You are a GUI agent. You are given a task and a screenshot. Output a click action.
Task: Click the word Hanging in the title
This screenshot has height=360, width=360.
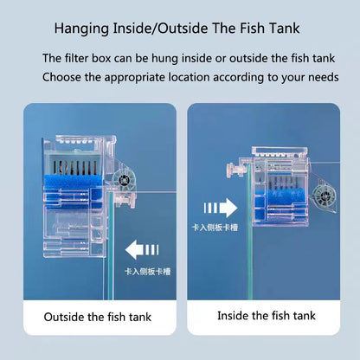coord(81,29)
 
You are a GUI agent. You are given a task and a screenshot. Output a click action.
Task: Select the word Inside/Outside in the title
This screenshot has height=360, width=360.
coord(160,29)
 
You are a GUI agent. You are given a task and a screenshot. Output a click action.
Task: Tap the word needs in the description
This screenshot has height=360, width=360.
coord(324,78)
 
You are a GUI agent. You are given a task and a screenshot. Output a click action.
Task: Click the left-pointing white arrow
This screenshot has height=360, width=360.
coord(142,250)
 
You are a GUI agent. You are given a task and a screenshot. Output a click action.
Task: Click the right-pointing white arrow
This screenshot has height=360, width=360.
coord(221,208)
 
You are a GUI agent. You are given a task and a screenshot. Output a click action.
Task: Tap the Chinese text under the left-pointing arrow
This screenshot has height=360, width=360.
coord(148,272)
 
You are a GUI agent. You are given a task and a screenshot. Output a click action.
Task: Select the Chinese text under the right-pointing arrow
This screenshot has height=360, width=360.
coord(215,228)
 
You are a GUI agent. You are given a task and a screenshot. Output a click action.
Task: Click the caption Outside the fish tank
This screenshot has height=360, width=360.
coord(98,317)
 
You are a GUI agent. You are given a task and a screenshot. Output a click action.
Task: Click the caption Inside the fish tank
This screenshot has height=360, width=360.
coord(267,316)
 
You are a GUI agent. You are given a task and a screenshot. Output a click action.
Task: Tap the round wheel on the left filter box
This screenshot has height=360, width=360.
coord(124,180)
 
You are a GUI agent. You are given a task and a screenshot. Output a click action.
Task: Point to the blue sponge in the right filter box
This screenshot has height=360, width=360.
coord(284,198)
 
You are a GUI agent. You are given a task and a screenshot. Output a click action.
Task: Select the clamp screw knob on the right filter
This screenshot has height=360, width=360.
coord(234,170)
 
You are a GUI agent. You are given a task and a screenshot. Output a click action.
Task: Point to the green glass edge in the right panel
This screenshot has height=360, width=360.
coord(249,231)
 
